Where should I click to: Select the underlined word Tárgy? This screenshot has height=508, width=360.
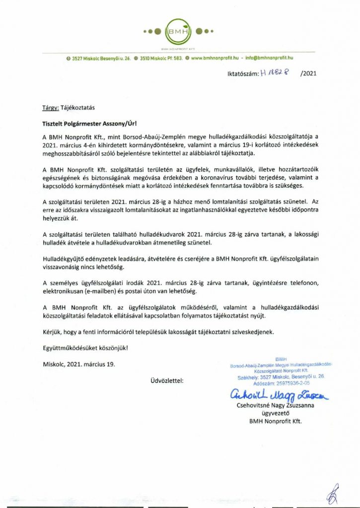(x=50, y=107)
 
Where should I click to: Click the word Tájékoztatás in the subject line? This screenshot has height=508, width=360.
(x=80, y=107)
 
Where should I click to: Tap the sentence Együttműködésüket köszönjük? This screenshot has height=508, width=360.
(x=85, y=347)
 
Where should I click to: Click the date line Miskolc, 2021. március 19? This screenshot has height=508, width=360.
(x=78, y=364)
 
